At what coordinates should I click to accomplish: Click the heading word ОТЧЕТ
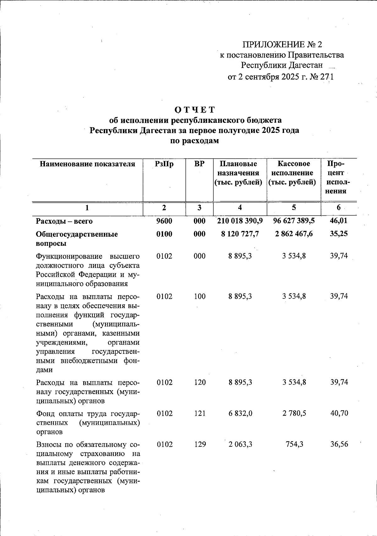tap(195, 110)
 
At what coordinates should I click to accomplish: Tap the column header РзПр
tap(164, 164)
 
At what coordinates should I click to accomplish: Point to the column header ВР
tap(199, 164)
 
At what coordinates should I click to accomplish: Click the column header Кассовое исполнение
tap(293, 173)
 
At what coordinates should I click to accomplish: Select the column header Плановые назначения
tap(239, 173)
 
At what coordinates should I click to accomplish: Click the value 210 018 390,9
tap(240, 221)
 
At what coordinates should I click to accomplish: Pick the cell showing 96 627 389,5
tap(294, 221)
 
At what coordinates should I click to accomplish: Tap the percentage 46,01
tap(339, 221)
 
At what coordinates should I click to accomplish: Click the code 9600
tap(164, 221)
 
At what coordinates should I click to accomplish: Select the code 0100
tap(164, 234)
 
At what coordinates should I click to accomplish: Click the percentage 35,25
tap(339, 234)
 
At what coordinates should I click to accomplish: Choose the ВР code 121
tap(199, 413)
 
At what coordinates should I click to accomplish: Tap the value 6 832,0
tap(240, 413)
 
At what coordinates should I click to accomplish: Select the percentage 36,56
tap(339, 445)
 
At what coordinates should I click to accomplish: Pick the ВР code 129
tap(199, 445)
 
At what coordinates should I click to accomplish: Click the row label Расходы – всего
tap(64, 222)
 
